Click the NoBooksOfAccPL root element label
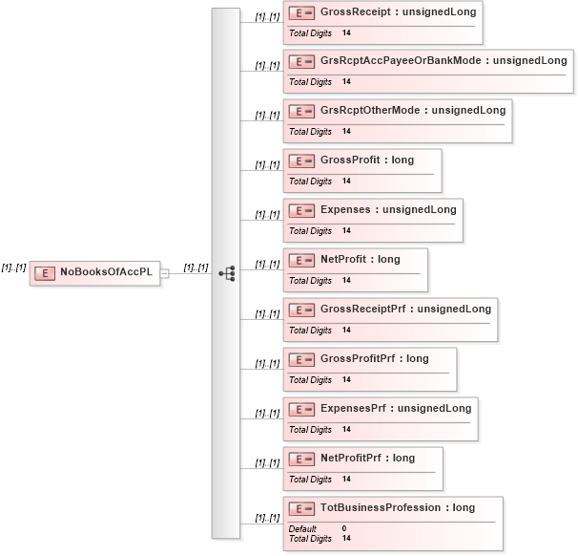106,272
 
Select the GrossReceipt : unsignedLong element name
398,11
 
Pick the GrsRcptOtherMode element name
413,111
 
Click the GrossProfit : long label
367,160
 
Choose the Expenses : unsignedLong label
388,210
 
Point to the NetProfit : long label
361,260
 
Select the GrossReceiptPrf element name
405,310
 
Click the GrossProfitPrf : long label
375,359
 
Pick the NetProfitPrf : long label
368,459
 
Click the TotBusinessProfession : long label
398,508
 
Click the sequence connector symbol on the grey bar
226,273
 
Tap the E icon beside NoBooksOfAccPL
44,273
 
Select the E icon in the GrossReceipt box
301,12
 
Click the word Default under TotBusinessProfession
302,528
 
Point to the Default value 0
344,528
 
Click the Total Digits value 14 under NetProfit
346,281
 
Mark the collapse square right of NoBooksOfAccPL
164,273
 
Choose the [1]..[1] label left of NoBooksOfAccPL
13,267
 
